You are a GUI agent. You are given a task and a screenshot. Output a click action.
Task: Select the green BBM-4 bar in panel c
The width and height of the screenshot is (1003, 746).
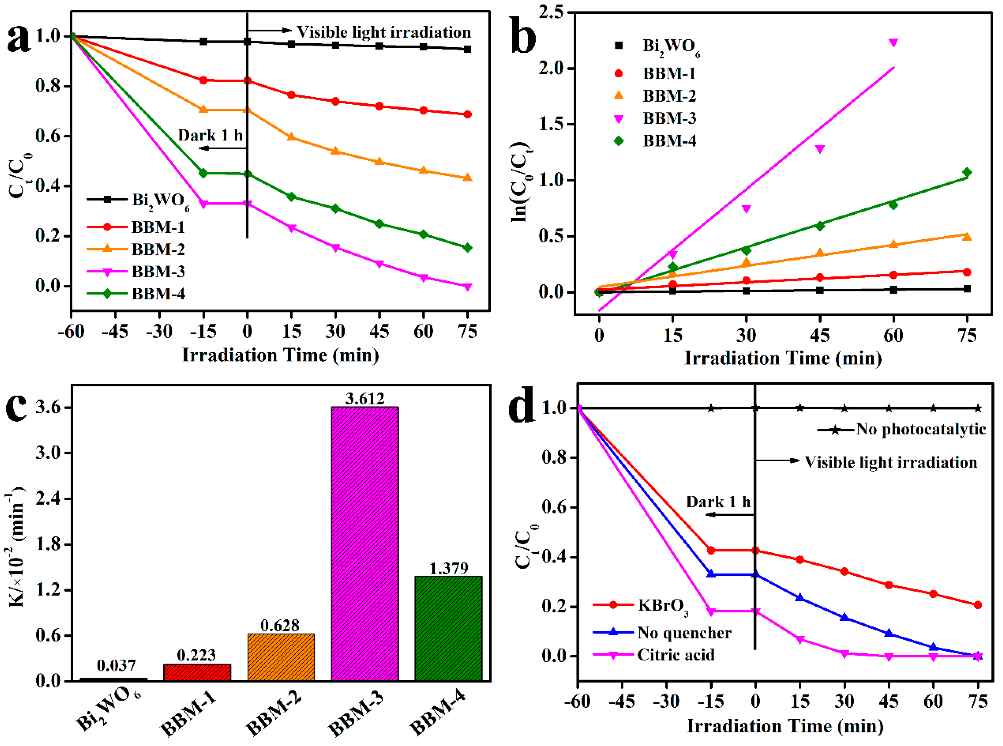(x=448, y=628)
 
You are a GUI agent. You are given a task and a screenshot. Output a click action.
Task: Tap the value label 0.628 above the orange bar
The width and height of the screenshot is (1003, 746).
(x=280, y=625)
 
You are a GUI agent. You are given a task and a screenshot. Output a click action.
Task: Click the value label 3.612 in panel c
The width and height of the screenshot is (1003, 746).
(x=365, y=399)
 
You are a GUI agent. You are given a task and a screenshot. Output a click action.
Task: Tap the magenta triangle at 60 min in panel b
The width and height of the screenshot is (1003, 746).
(x=893, y=42)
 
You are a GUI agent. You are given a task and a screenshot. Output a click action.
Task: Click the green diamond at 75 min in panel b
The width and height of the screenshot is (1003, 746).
(x=966, y=173)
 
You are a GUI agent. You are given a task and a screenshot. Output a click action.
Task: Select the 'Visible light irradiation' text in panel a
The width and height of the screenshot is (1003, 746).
(x=383, y=32)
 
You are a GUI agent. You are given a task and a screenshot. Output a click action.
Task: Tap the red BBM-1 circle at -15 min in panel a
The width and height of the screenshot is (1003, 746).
(x=203, y=80)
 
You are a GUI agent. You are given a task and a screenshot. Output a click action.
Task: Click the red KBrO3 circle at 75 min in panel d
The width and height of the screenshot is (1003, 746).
(x=978, y=605)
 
